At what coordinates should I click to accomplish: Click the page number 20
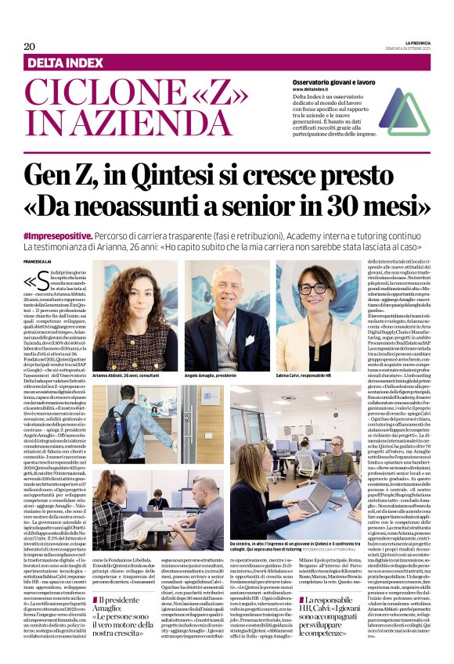[x=30, y=46]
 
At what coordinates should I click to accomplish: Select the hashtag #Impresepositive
[x=77, y=235]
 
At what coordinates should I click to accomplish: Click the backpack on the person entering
[x=114, y=425]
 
